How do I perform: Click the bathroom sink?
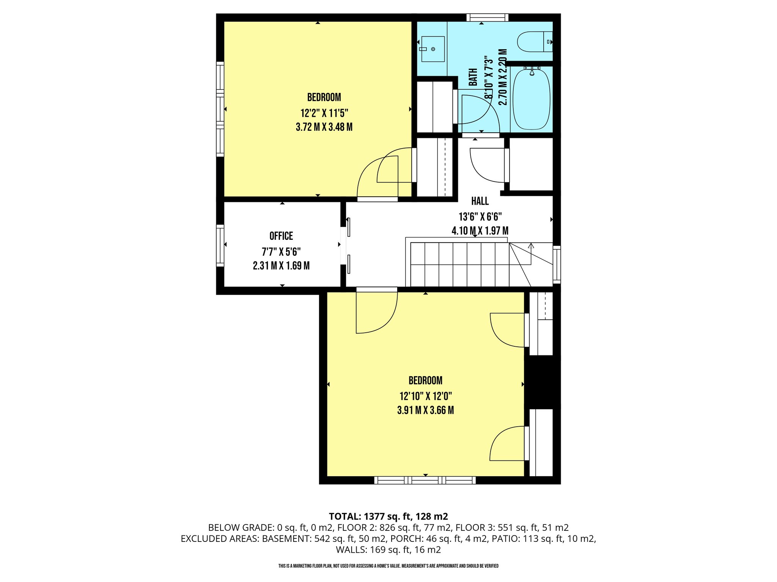pyautogui.click(x=433, y=49)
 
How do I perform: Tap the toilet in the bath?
pyautogui.click(x=534, y=42)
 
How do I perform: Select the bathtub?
pyautogui.click(x=531, y=99)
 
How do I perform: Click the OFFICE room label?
pyautogui.click(x=281, y=236)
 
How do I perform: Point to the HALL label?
pyautogui.click(x=480, y=201)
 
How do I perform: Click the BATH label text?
pyautogui.click(x=473, y=77)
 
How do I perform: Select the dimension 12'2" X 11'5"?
pyautogui.click(x=324, y=113)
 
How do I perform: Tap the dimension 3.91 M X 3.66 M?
pyautogui.click(x=425, y=410)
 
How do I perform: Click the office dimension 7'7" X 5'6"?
pyautogui.click(x=281, y=252)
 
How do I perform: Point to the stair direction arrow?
pyautogui.click(x=531, y=246)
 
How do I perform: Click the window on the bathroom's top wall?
pyautogui.click(x=487, y=17)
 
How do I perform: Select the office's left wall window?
pyautogui.click(x=220, y=245)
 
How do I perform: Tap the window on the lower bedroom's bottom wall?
pyautogui.click(x=425, y=480)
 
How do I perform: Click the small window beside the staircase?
pyautogui.click(x=557, y=264)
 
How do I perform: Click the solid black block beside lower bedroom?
pyautogui.click(x=543, y=382)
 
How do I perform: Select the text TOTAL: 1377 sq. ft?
pyautogui.click(x=370, y=516)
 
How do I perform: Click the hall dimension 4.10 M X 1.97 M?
pyautogui.click(x=480, y=230)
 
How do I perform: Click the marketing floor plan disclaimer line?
pyautogui.click(x=388, y=566)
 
